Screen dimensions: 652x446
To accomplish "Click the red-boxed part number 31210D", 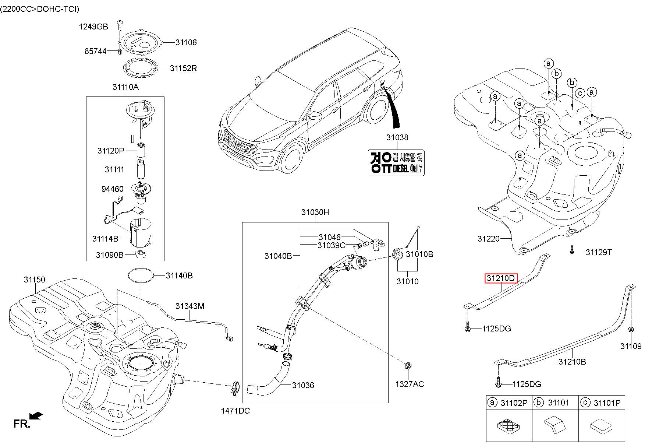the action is pos(501,278).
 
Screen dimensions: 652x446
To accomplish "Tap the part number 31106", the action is pos(186,42).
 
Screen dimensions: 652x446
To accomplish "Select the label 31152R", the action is pos(183,68).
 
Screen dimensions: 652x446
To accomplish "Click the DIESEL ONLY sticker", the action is pos(396,162).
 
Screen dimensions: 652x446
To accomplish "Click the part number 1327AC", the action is pos(410,384).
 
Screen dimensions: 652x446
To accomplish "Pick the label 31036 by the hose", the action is pos(303,385).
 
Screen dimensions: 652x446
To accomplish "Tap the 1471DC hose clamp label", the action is pos(235,410).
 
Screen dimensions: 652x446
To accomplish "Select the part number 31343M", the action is pos(190,306).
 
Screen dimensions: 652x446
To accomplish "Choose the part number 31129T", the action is pos(599,252).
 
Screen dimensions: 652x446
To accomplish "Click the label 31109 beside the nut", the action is pos(631,346).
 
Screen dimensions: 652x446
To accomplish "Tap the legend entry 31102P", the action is pos(514,403).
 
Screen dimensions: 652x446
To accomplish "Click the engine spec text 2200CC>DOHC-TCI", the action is pos(40,9).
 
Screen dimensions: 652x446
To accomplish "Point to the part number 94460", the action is pos(113,189).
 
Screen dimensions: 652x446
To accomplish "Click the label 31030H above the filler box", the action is pos(315,212).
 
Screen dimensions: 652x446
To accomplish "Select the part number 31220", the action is pos(489,239).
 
